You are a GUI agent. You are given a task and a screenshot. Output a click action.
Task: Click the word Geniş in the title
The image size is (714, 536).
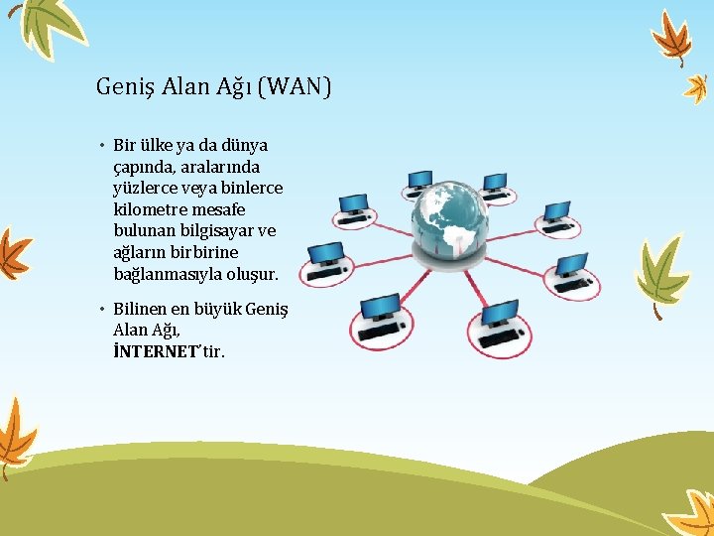tap(124, 87)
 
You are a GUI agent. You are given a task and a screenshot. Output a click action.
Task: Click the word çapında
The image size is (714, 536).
tap(146, 168)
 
